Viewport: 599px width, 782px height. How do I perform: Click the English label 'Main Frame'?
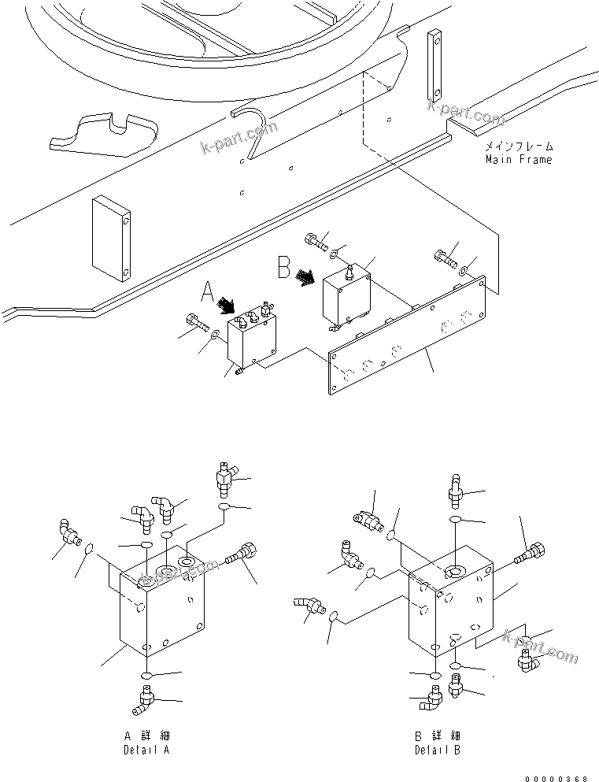[x=518, y=160]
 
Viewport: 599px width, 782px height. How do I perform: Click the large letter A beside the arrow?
[x=208, y=294]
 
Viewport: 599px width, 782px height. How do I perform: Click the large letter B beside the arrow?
[x=284, y=267]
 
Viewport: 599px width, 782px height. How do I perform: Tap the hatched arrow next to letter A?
[x=229, y=305]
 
